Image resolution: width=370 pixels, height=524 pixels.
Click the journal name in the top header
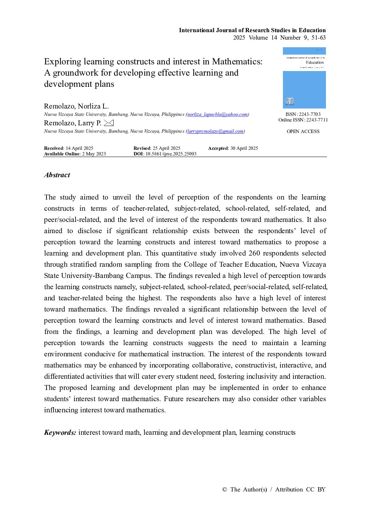(252, 30)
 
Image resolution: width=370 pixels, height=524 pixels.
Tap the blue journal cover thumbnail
(304, 78)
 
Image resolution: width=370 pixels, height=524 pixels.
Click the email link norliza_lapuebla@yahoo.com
(218, 114)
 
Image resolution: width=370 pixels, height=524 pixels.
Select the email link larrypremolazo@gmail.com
(215, 131)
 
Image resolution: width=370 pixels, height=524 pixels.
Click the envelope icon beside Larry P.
(109, 123)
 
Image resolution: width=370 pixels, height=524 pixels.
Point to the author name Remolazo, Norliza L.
(76, 106)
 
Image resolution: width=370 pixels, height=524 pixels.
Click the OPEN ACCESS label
(303, 132)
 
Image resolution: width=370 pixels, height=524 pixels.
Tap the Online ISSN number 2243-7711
(317, 120)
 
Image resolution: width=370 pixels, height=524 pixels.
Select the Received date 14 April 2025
(79, 148)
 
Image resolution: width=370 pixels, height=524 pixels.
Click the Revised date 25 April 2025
(166, 148)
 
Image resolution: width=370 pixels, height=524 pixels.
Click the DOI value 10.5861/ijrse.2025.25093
(171, 154)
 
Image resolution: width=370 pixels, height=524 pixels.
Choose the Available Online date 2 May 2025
(94, 154)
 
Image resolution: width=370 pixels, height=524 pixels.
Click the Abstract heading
(57, 175)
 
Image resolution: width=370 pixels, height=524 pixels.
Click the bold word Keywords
(60, 433)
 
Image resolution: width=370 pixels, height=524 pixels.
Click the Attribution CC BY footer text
(300, 490)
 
